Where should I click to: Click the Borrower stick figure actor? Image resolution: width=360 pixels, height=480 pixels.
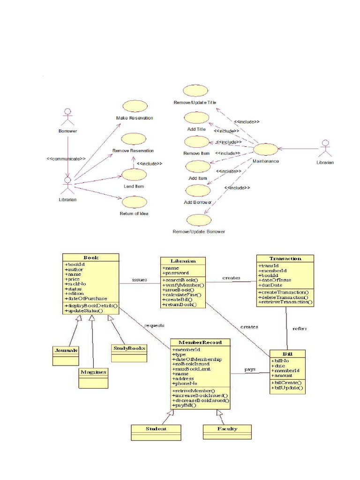pyautogui.click(x=68, y=117)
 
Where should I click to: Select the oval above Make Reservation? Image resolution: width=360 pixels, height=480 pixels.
pyautogui.click(x=135, y=106)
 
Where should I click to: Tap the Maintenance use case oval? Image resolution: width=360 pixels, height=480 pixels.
pyautogui.click(x=266, y=150)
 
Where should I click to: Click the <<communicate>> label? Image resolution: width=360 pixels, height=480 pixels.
pyautogui.click(x=66, y=158)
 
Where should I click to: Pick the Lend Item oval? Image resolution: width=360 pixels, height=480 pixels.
pyautogui.click(x=134, y=175)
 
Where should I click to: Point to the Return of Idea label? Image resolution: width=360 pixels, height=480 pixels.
pyautogui.click(x=134, y=213)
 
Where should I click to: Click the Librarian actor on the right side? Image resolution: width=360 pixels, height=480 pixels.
pyautogui.click(x=325, y=149)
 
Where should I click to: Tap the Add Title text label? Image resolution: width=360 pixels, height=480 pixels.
pyautogui.click(x=196, y=129)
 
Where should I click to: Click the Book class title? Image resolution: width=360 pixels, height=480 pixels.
pyautogui.click(x=91, y=257)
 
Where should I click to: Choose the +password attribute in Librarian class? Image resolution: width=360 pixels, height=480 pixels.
pyautogui.click(x=176, y=273)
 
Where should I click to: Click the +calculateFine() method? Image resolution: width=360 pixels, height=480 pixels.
pyautogui.click(x=182, y=294)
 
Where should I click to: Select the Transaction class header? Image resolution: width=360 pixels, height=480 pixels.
pyautogui.click(x=285, y=258)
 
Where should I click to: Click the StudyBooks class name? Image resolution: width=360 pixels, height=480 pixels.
pyautogui.click(x=129, y=348)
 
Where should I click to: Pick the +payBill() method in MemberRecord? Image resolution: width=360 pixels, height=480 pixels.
pyautogui.click(x=184, y=405)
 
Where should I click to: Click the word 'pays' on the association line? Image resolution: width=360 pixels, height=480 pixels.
pyautogui.click(x=250, y=369)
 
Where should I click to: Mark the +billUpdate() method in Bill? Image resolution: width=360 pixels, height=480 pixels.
pyautogui.click(x=287, y=388)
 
